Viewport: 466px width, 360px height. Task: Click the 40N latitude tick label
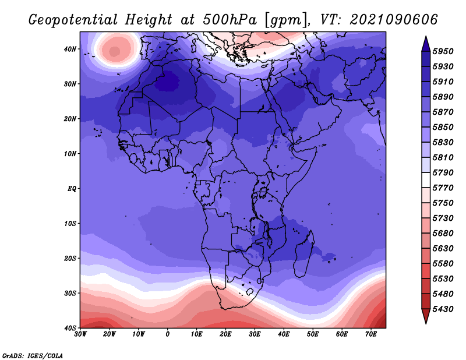tap(70, 49)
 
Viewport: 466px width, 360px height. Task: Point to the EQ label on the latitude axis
tap(72, 189)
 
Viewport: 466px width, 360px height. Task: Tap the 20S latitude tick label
tap(70, 258)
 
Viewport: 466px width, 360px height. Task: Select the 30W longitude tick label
tap(80, 334)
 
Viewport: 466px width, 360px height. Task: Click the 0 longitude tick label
tap(168, 334)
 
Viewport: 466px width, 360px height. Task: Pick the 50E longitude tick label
tap(313, 334)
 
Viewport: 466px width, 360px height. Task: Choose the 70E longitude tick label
tap(371, 334)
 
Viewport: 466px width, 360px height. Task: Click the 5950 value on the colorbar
tap(443, 51)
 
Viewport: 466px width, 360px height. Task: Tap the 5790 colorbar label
tap(443, 172)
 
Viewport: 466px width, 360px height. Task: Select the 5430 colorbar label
tap(443, 309)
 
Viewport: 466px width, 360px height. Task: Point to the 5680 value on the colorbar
tap(443, 234)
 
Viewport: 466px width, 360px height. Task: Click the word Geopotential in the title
tap(73, 20)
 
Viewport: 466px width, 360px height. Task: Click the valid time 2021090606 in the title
tap(394, 20)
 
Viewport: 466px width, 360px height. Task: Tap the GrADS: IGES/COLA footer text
tap(33, 355)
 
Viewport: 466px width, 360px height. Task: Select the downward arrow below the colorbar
tap(426, 316)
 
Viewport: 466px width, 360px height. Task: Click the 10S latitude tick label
tap(70, 224)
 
